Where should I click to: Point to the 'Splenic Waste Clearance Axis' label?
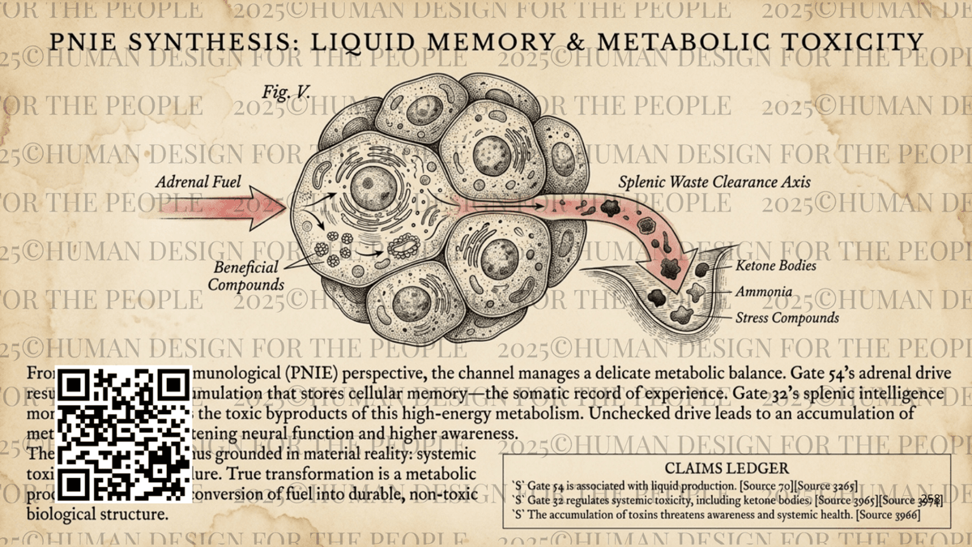pos(714,182)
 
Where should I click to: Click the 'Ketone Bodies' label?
pos(775,265)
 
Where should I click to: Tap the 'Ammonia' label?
pos(763,292)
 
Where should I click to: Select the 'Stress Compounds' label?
pos(787,318)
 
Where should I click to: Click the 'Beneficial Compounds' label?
pos(245,276)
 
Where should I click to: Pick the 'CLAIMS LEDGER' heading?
pos(727,468)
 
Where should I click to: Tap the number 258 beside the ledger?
pos(931,499)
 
